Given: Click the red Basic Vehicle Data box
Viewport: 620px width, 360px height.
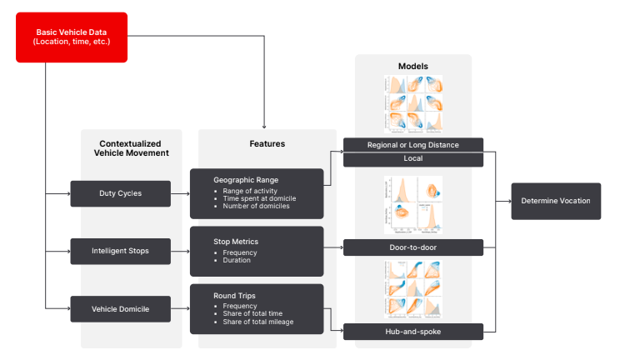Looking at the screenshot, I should [72, 37].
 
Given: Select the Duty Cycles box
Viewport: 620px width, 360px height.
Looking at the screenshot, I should [120, 193].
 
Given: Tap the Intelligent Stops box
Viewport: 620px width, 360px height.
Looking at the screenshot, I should [120, 250].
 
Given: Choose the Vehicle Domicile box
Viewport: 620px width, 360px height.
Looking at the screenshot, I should [120, 308].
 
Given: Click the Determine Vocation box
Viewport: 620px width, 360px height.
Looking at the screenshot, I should [555, 201].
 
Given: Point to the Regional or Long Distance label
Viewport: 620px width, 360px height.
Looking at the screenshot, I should [413, 145].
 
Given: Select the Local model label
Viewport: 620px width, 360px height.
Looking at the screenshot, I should [413, 159].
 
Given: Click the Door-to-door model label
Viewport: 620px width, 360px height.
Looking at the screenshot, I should [413, 247].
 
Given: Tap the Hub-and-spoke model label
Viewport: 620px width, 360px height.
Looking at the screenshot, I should [413, 332].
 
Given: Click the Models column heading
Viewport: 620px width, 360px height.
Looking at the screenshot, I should [413, 65].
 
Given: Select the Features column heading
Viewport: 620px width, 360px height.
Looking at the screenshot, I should [267, 144].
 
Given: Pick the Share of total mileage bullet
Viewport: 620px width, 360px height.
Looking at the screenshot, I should [261, 322].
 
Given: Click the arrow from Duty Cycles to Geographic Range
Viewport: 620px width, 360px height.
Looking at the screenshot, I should [180, 193].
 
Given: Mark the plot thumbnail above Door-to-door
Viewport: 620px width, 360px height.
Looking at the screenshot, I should [413, 205].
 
